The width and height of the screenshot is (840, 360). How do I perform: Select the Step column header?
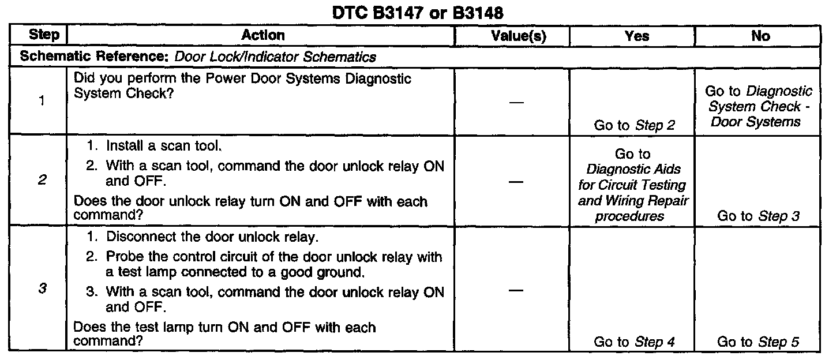coord(44,36)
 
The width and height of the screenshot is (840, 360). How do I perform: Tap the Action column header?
coord(262,36)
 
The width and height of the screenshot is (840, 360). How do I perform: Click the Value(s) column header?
coord(518,36)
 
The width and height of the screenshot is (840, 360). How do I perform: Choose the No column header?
coord(761,36)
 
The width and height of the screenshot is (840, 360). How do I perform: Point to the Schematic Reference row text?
coord(198,57)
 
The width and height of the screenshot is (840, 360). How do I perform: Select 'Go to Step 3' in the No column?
coord(758,216)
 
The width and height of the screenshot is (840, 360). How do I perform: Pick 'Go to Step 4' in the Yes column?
coord(634,342)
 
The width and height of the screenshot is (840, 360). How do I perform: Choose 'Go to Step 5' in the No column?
coord(758,342)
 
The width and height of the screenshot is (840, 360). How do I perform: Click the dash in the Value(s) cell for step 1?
coord(517,102)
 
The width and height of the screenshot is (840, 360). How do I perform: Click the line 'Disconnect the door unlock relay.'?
coord(203,237)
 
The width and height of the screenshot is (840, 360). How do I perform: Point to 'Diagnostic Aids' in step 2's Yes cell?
coord(633,170)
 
